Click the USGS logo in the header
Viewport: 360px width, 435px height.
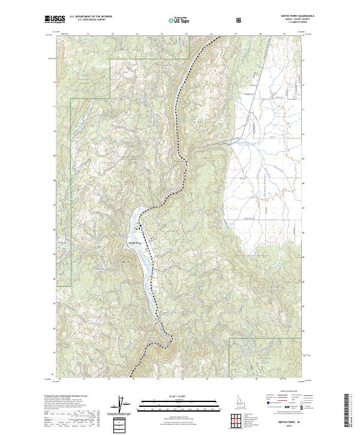point(56,20)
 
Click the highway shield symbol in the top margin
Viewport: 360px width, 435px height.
point(240,20)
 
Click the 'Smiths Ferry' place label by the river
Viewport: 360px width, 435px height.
point(134,243)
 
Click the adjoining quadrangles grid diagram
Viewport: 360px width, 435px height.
point(236,419)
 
